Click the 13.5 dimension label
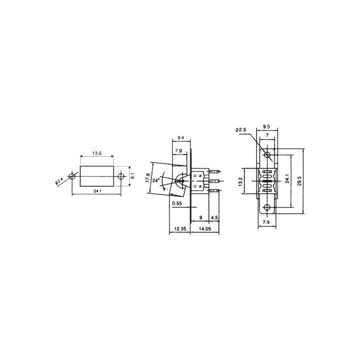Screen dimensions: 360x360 tap(97, 153)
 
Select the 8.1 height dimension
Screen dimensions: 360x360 tap(132, 176)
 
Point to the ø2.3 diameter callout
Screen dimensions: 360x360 tap(240, 130)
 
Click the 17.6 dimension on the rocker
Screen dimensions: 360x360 tap(147, 178)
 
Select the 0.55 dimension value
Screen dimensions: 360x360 tap(176, 203)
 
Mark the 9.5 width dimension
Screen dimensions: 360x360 tap(266, 127)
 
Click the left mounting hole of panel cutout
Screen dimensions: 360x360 tap(73, 176)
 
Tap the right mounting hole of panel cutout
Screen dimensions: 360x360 tap(120, 176)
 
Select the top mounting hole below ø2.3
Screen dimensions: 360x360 tap(267, 154)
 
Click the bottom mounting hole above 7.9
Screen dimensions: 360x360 tap(267, 207)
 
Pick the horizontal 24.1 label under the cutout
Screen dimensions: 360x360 tap(97, 191)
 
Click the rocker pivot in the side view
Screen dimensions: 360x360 tap(181, 181)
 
